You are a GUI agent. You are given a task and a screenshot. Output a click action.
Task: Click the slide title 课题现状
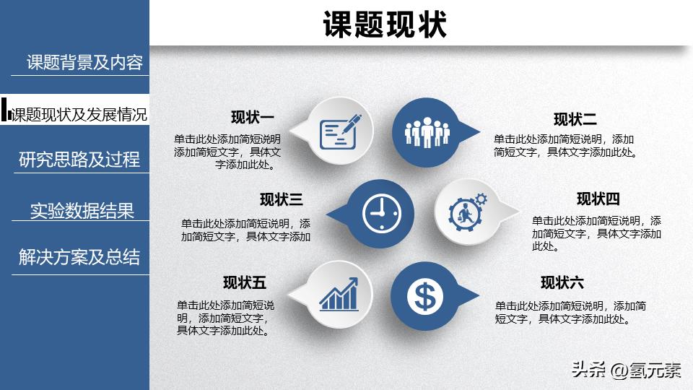click(385, 24)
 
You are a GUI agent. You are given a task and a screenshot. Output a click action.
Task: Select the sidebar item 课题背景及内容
click(84, 63)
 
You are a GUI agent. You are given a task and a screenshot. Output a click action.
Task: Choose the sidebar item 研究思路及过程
click(79, 160)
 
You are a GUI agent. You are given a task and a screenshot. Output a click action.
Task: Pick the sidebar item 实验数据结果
click(82, 211)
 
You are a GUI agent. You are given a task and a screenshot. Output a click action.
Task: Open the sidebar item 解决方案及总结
click(79, 258)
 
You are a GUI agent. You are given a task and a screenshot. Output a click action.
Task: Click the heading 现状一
click(252, 118)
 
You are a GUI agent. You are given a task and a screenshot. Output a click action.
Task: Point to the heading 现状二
click(575, 119)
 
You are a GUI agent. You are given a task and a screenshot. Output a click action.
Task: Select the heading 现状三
click(282, 199)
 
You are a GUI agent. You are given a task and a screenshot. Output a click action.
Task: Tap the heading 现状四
click(598, 199)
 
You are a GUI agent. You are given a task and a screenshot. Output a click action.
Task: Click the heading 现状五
click(245, 282)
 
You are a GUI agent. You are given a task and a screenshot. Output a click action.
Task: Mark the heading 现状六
click(562, 282)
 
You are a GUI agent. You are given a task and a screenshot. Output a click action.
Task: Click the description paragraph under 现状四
click(596, 233)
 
